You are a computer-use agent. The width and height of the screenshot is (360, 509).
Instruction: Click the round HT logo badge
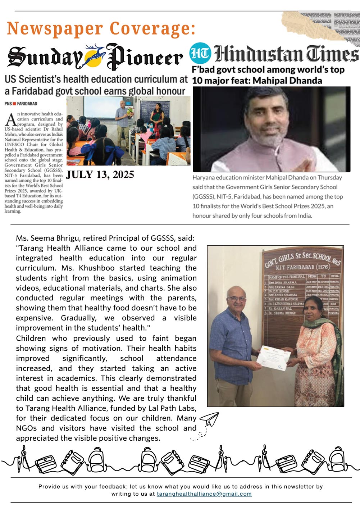click(x=200, y=54)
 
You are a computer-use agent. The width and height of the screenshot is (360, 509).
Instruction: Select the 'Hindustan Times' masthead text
click(x=286, y=54)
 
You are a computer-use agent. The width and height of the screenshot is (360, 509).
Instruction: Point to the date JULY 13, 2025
click(x=100, y=175)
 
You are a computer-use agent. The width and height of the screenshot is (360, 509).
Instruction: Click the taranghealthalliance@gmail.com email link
click(x=204, y=494)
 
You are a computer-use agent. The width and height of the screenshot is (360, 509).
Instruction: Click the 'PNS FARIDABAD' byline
click(x=21, y=104)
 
